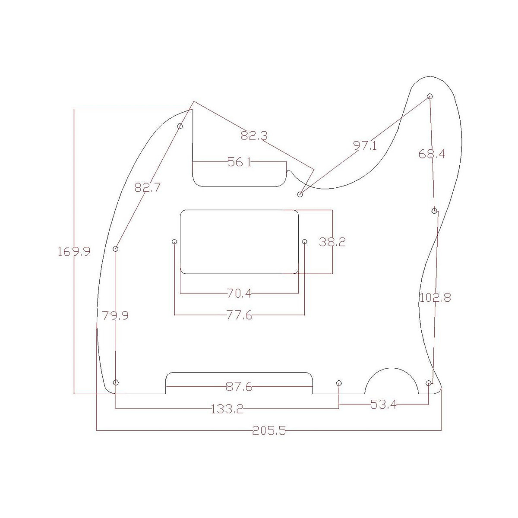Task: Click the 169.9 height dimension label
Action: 74,252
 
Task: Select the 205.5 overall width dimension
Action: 269,431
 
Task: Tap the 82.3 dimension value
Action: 254,135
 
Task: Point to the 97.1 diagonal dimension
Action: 365,145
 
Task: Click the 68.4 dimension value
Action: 432,154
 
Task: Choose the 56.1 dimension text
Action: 239,162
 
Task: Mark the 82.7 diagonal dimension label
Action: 147,187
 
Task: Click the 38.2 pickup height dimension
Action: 332,242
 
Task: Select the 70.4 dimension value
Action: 239,293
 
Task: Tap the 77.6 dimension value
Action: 240,315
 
